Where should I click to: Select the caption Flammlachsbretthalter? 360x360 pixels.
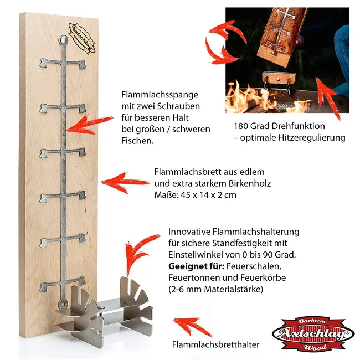[216, 344]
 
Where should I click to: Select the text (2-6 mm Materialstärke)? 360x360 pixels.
[220, 290]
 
